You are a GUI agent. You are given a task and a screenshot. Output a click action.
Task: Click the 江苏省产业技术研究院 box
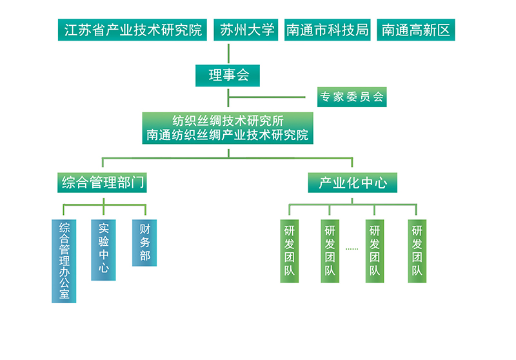pos(134,30)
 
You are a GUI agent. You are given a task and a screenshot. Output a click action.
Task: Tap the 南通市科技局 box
pos(328,30)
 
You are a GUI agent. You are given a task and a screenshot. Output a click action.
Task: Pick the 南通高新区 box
pos(415,30)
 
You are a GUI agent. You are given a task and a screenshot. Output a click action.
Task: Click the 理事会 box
pos(228,75)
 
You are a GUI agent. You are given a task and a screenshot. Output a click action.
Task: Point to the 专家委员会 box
pos(352,97)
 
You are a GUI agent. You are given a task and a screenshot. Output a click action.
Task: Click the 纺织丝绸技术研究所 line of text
pos(228,121)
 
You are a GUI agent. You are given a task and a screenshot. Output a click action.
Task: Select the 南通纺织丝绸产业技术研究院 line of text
pos(228,135)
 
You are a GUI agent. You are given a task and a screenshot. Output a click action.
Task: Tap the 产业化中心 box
pos(352,183)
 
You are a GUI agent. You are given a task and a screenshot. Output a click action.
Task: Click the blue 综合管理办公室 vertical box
pos(64,261)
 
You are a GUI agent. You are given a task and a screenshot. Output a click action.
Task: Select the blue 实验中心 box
pos(104,250)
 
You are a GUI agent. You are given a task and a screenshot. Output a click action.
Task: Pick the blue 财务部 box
pos(144,243)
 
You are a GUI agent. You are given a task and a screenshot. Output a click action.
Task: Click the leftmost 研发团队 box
pos(289,251)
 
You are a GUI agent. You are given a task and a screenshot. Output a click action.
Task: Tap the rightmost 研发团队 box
pos(417,251)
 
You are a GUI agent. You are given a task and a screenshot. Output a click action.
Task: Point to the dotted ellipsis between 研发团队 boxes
pos(352,248)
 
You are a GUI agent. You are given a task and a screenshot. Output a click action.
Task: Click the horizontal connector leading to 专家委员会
pos(271,97)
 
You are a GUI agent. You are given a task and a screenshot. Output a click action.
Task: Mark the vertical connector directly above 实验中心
pos(104,210)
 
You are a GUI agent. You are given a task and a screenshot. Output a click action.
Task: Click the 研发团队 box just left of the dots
pos(330,251)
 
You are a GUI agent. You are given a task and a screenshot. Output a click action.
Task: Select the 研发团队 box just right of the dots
pos(375,251)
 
